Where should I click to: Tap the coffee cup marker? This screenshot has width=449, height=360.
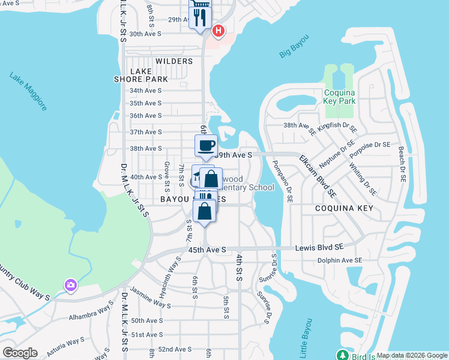pos(206,146)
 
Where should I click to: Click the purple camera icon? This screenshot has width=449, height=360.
pos(71,285)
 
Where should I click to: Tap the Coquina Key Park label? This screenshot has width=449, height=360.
pos(340,97)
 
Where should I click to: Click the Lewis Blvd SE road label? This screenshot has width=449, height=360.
pos(319,247)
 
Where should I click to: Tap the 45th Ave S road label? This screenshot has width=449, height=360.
pos(206,249)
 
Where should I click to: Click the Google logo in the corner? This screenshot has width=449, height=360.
pos(20,352)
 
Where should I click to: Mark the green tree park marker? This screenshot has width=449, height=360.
pos(343,355)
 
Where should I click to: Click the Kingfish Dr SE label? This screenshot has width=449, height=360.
pos(337,128)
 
